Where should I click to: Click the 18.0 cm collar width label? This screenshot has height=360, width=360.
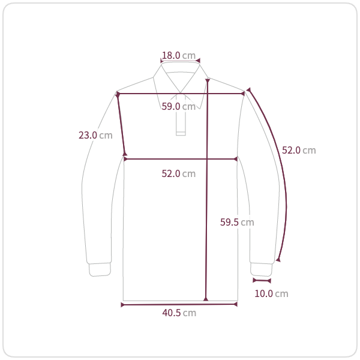coord(179,55)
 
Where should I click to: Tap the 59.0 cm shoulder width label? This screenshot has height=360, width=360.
coord(178,106)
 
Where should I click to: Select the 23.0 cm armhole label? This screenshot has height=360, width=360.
coord(95,135)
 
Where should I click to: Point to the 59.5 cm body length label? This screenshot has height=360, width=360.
coord(237,222)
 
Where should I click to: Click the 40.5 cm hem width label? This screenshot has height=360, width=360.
coord(179,313)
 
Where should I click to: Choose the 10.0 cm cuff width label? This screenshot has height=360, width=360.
coord(271,293)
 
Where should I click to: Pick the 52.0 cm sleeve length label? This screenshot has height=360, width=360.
coord(299,150)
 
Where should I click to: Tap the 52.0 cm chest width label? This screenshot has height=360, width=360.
coord(178,173)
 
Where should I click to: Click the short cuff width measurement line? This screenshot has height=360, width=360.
coord(262,280)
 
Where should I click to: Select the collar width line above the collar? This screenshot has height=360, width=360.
coord(180,61)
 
